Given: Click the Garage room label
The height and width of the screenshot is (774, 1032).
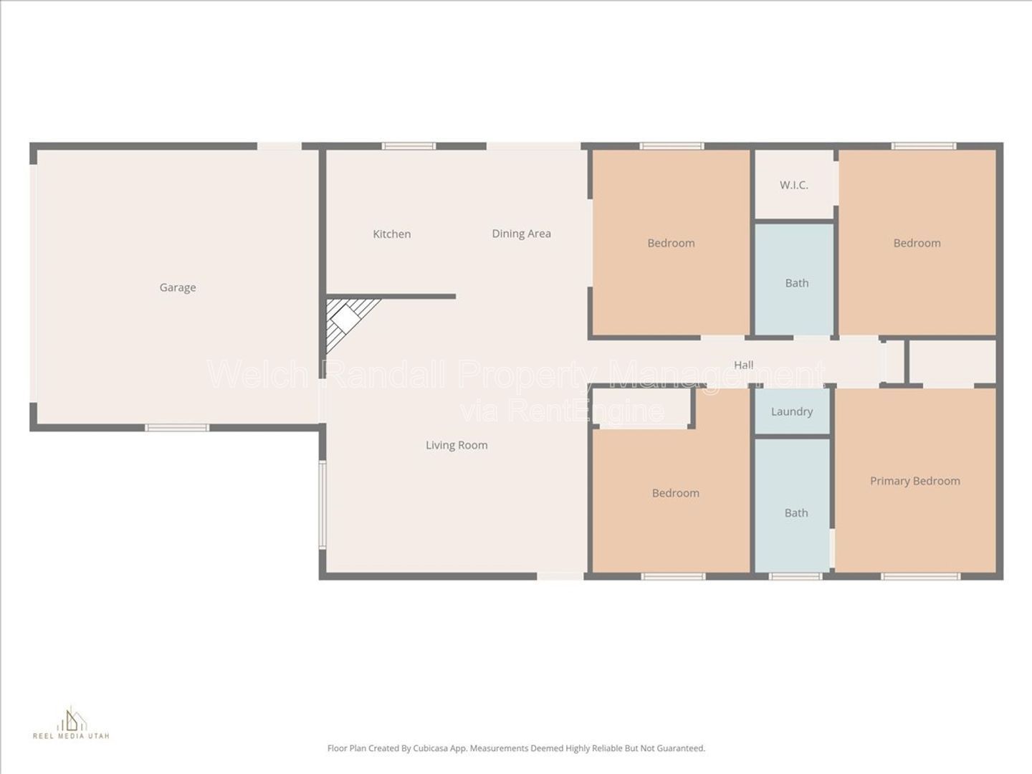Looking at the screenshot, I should [177, 287].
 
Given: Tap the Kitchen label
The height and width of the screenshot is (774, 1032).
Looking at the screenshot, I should [391, 234].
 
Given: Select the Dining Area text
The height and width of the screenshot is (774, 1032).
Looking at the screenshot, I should [521, 233].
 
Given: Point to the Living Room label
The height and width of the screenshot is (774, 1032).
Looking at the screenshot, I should [457, 445].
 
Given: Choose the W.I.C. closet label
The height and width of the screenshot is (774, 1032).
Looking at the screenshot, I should [793, 185].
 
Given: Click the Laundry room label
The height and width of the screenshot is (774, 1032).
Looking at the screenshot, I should [791, 411].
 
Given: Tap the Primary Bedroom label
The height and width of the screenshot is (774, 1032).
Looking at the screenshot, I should [914, 481].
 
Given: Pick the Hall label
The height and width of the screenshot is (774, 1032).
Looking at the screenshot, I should [743, 365].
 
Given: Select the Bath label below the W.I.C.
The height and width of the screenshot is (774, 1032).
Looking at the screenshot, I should [796, 283].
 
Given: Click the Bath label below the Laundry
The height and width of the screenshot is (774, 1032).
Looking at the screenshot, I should [795, 512].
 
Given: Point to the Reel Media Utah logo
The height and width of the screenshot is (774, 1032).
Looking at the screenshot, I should [71, 723].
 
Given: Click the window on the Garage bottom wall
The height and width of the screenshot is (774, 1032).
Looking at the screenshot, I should [177, 428].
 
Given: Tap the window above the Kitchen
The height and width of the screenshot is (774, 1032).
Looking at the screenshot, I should [408, 146].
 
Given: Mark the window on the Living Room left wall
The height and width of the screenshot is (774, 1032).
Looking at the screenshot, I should [322, 505].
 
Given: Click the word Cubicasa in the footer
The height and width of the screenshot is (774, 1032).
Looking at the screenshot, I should [435, 748].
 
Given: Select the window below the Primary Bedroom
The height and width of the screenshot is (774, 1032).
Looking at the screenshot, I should [920, 575].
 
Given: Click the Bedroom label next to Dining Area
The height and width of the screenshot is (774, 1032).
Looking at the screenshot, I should [671, 243].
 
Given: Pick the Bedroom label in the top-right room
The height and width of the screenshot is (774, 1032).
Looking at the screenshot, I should [917, 243].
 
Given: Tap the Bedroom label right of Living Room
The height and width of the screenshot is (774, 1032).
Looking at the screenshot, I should [675, 493].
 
